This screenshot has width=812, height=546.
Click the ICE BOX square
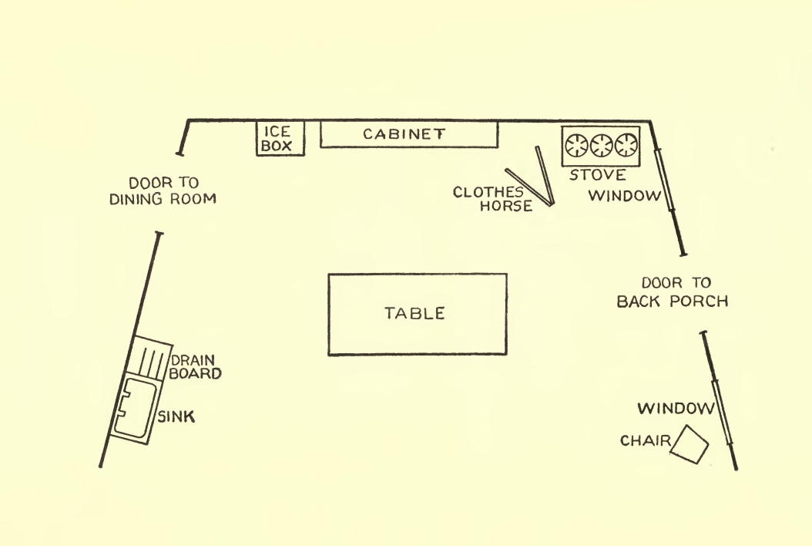(x=280, y=138)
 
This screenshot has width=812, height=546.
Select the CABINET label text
(x=404, y=133)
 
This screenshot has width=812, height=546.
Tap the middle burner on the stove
(x=601, y=143)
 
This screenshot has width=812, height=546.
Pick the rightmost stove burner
(x=626, y=143)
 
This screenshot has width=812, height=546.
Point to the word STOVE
(x=598, y=175)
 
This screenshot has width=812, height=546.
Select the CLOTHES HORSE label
(x=492, y=199)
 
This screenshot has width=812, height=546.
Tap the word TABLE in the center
(x=415, y=313)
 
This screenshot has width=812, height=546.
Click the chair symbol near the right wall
(x=690, y=445)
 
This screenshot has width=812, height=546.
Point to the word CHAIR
(x=644, y=441)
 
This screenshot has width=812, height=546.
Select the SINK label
(x=176, y=417)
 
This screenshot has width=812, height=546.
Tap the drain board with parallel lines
(x=151, y=361)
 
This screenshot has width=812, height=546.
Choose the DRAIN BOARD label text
(x=196, y=366)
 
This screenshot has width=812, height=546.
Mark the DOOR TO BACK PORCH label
(x=673, y=292)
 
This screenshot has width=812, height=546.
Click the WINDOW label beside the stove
(x=625, y=195)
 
